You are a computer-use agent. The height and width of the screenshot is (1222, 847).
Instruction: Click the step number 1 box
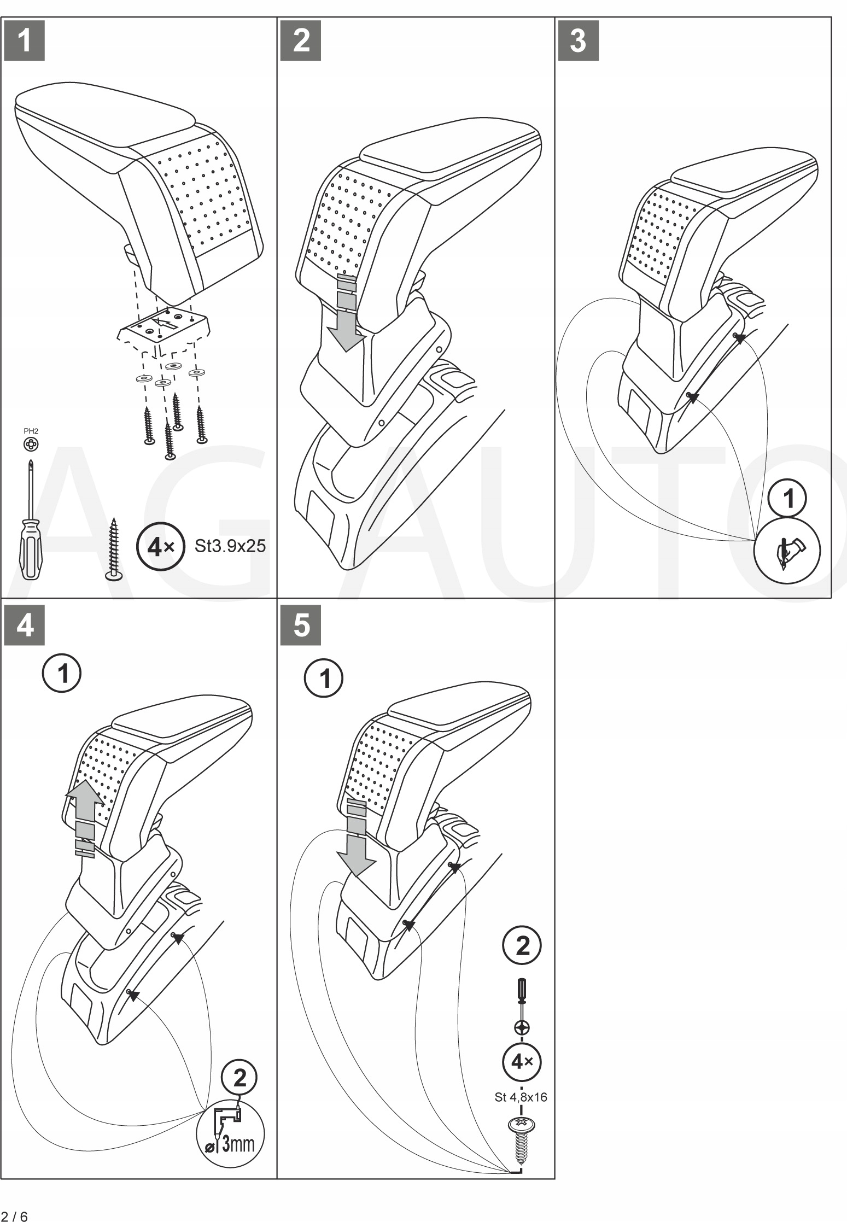pyautogui.click(x=24, y=41)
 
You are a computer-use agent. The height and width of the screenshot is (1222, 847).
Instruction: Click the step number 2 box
pyautogui.click(x=300, y=41)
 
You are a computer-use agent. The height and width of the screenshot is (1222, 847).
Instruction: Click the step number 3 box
pyautogui.click(x=578, y=41)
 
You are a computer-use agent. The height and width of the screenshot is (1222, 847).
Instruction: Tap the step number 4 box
pyautogui.click(x=24, y=625)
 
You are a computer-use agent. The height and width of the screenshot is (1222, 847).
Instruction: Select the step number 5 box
pyautogui.click(x=300, y=625)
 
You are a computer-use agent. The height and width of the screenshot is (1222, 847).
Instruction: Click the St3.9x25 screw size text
pyautogui.click(x=230, y=546)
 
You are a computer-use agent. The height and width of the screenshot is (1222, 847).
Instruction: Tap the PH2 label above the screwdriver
pyautogui.click(x=31, y=431)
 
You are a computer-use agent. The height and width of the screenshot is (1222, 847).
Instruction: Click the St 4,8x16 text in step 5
pyautogui.click(x=521, y=1097)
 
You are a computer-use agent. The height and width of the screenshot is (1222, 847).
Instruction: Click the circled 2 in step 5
pyautogui.click(x=522, y=946)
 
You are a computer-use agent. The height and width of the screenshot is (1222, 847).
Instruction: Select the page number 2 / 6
pyautogui.click(x=15, y=1212)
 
